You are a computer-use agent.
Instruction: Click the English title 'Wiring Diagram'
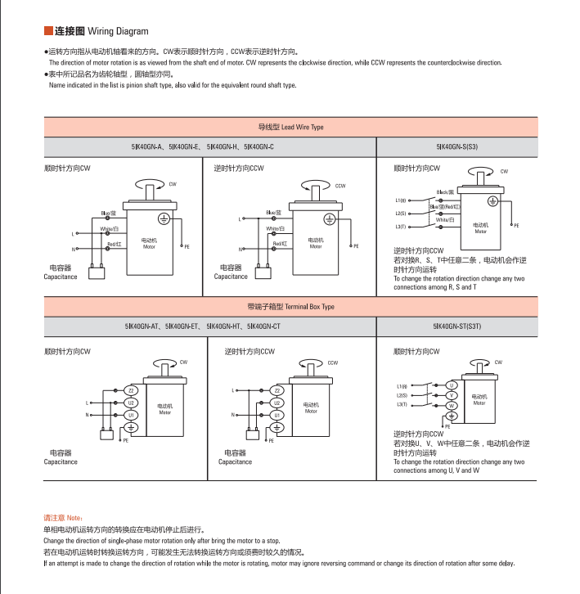pos(119,32)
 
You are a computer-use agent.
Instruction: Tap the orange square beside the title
pos(48,32)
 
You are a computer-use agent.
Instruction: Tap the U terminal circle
pos(451,385)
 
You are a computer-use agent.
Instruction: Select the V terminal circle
pos(451,395)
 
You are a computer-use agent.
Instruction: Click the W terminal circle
pos(451,406)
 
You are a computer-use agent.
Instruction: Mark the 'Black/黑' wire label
pos(445,192)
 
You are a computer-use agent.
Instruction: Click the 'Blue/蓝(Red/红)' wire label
pos(445,206)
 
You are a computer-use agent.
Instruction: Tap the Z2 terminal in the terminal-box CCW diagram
pos(277,390)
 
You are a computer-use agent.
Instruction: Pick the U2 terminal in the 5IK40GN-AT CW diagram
pos(131,403)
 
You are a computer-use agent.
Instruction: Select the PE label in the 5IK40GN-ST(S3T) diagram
pos(447,427)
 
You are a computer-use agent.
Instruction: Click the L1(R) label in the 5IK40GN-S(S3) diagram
pos(401,200)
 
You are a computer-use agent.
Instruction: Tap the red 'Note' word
pos(73,519)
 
